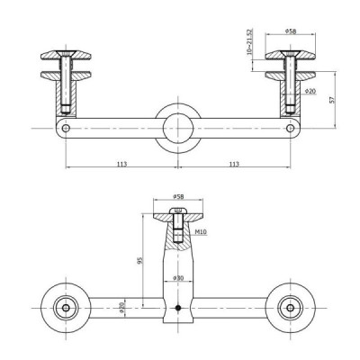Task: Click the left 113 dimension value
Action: (121, 165)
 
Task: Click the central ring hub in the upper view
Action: (176, 129)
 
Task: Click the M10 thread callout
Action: (201, 232)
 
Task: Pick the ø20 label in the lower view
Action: (122, 307)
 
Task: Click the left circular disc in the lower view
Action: (66, 308)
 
